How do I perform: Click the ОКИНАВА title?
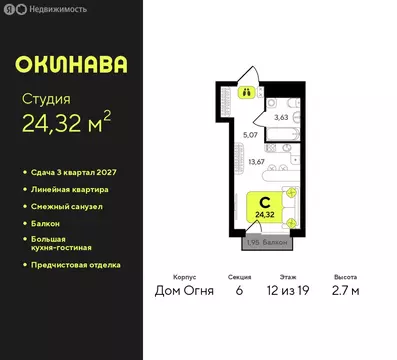pyautogui.click(x=71, y=64)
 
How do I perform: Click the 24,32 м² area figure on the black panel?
pyautogui.click(x=66, y=126)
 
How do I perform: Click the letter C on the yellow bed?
pyautogui.click(x=264, y=201)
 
